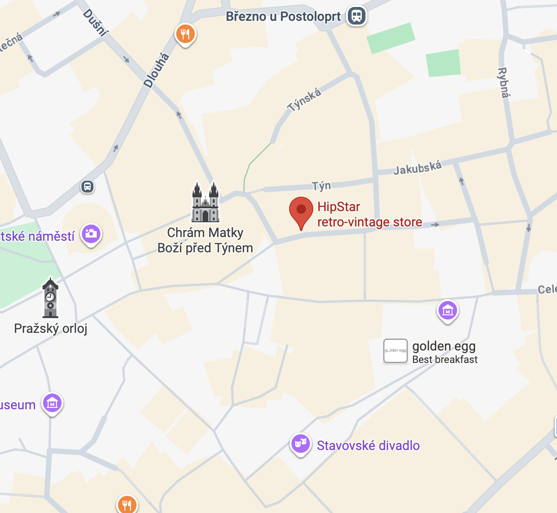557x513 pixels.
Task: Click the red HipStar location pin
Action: click(301, 211)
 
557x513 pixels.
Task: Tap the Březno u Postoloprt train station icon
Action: click(357, 16)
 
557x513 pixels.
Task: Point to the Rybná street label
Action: click(503, 83)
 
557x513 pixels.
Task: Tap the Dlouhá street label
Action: click(156, 70)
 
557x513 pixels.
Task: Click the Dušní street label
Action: click(95, 22)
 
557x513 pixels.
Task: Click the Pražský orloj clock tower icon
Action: click(50, 299)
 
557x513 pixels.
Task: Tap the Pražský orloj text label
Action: click(51, 329)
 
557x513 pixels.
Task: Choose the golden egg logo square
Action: click(396, 350)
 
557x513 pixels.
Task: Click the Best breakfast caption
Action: click(445, 360)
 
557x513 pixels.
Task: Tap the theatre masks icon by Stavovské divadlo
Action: click(301, 444)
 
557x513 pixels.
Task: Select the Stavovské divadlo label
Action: click(368, 446)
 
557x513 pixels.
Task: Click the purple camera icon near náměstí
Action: click(91, 233)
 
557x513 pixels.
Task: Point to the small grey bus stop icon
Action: click(87, 187)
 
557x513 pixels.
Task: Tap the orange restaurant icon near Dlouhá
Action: click(185, 34)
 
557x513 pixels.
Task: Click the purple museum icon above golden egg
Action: click(447, 310)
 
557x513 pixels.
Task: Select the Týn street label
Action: click(321, 186)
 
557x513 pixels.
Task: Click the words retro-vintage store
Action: click(370, 222)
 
